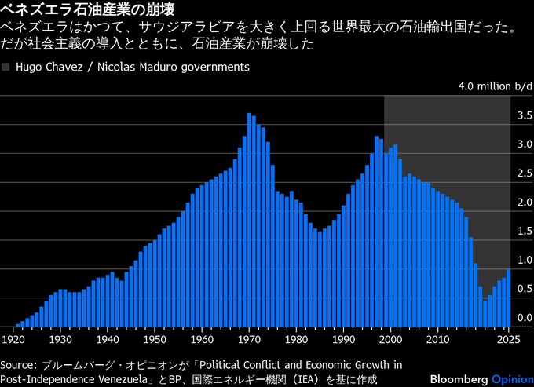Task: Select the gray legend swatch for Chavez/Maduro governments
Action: tap(7, 68)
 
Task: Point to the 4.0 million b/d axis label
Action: tap(495, 86)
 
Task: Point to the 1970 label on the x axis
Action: tap(250, 340)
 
